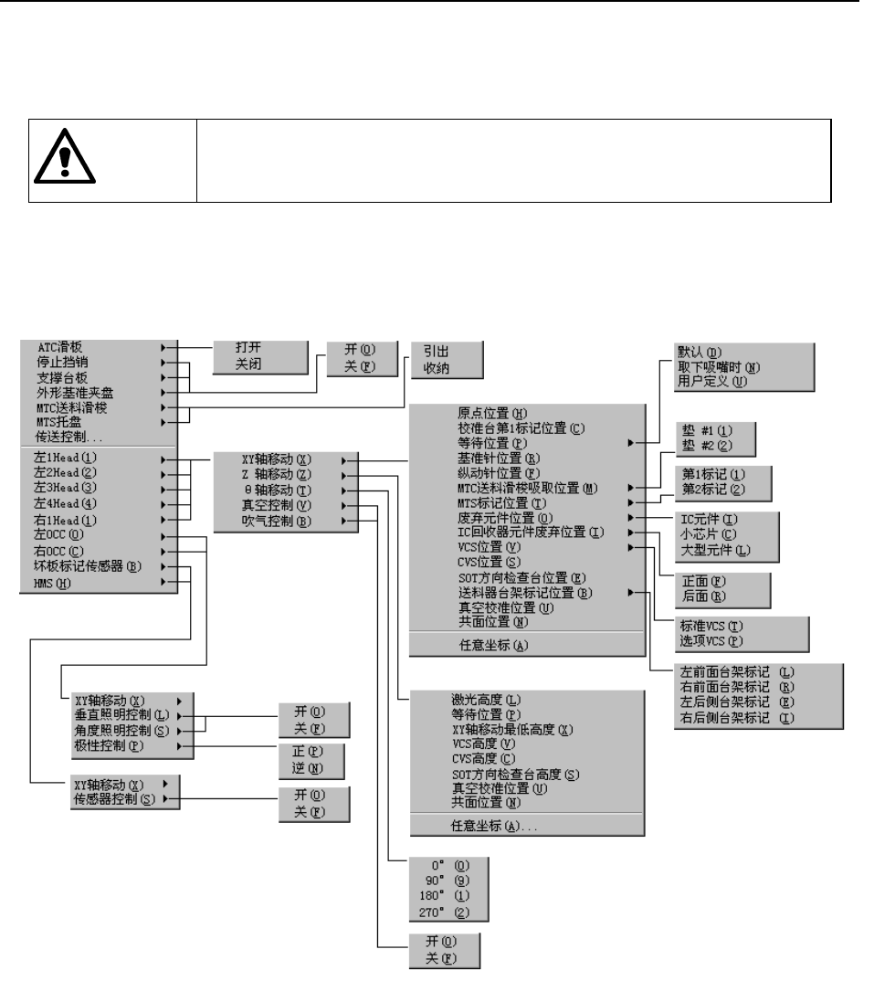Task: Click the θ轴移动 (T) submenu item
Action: [273, 491]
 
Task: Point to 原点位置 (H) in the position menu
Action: [498, 413]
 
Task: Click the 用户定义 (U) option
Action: [711, 381]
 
